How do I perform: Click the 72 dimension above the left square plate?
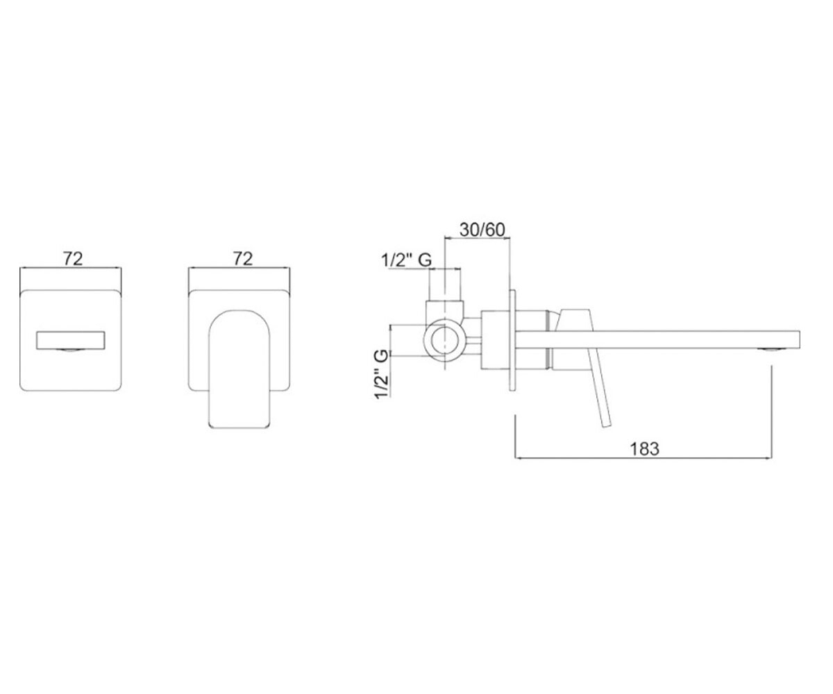click(73, 260)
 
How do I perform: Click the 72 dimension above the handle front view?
click(243, 260)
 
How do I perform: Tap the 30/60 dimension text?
click(482, 230)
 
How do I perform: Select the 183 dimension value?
click(645, 449)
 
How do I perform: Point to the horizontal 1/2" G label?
click(407, 260)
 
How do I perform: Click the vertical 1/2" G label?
click(382, 374)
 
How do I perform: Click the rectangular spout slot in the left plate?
click(71, 340)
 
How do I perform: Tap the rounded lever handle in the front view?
click(239, 369)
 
